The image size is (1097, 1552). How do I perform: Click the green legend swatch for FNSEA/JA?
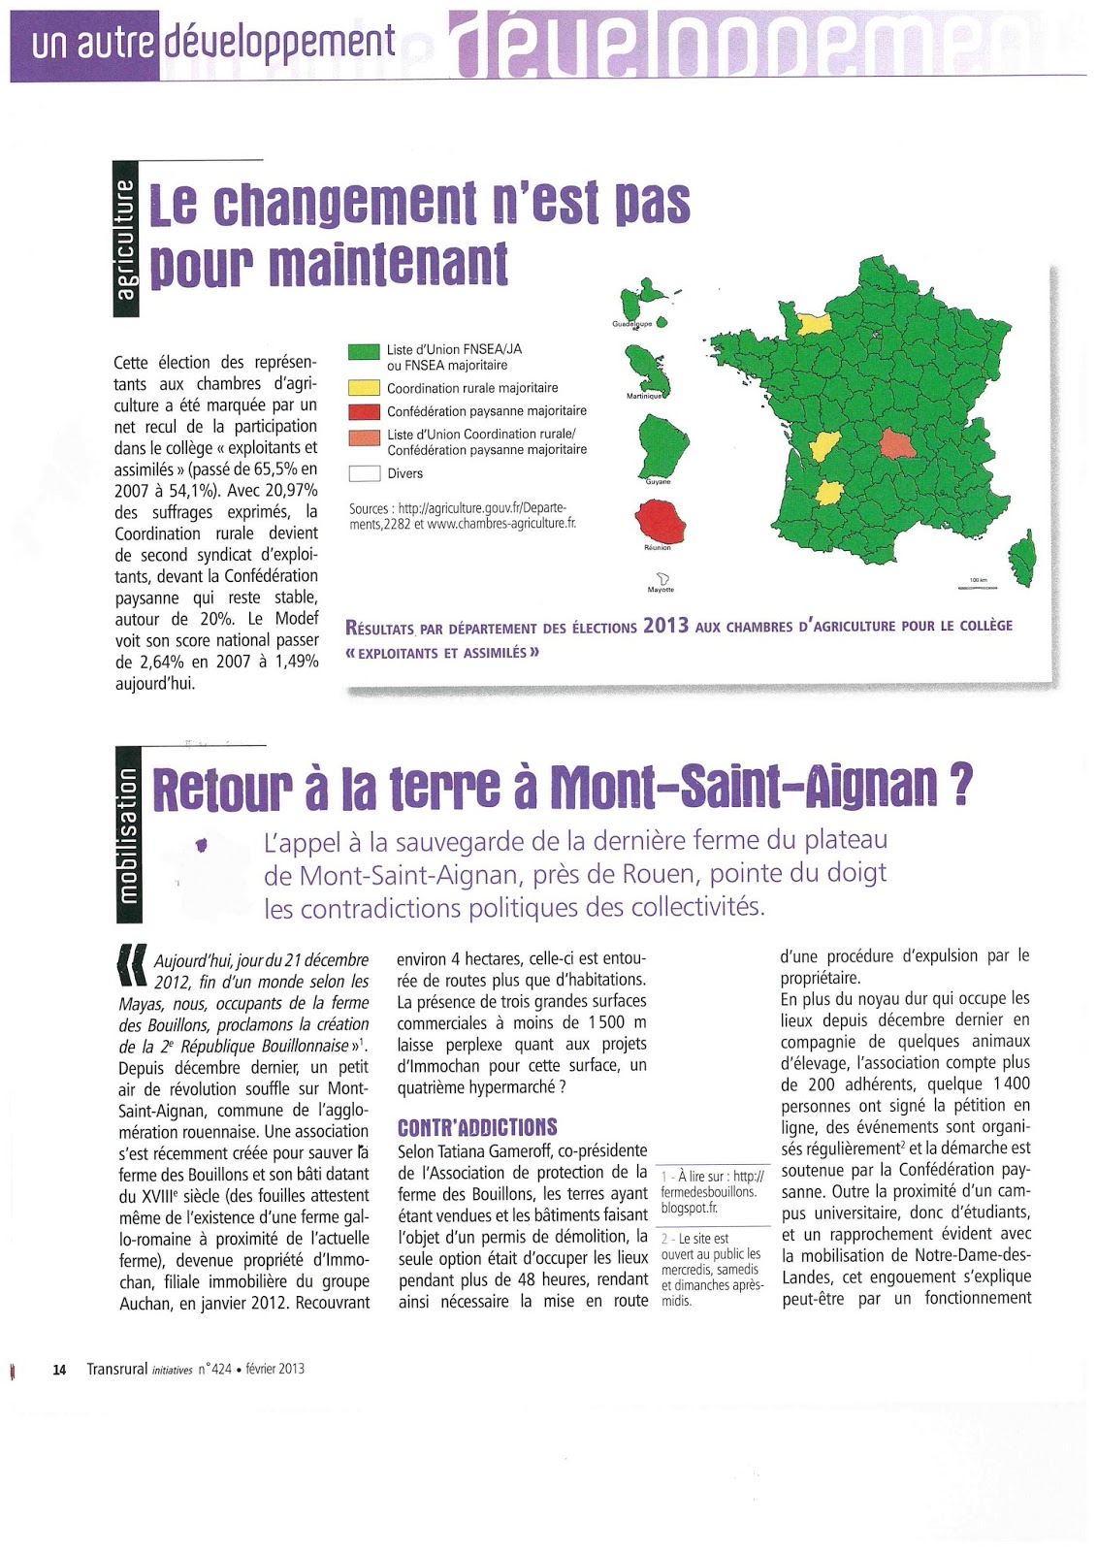[363, 351]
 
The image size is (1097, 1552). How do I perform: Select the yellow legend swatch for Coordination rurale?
[363, 388]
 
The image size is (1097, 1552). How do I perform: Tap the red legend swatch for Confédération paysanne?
[363, 411]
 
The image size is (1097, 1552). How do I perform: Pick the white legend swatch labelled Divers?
[363, 473]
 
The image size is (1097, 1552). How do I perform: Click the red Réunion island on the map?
[660, 522]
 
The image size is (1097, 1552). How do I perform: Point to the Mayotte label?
[661, 590]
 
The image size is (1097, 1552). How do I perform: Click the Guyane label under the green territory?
[658, 482]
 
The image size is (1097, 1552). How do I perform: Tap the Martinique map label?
[644, 396]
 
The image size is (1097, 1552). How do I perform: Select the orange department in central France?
[897, 443]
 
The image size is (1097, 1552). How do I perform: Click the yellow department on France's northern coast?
[814, 323]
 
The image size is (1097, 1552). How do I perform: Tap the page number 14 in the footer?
[59, 1370]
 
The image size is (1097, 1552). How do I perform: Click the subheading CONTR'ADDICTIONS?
[477, 1127]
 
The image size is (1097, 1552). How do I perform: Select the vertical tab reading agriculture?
[126, 239]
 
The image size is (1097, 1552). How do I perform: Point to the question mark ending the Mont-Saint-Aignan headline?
[960, 786]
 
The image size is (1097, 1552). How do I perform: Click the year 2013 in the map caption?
[665, 626]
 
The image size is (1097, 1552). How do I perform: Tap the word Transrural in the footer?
[116, 1369]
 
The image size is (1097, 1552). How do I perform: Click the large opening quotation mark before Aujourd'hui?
[132, 960]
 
